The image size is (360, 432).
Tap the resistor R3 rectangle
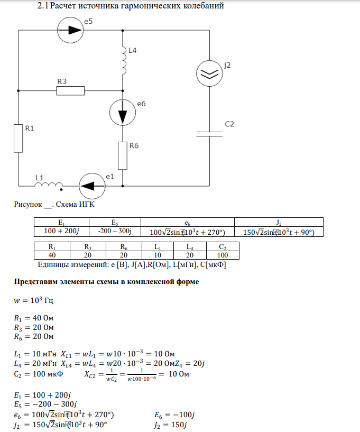point(70,91)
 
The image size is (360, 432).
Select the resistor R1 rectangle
point(19,138)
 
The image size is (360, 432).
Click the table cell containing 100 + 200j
point(61,231)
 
